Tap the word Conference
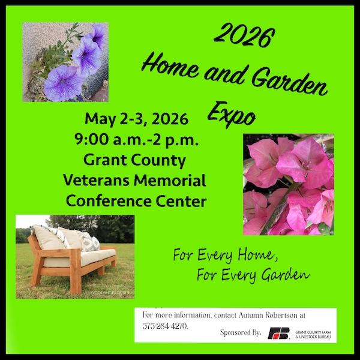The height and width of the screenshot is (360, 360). (104, 201)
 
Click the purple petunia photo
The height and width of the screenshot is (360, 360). (65, 62)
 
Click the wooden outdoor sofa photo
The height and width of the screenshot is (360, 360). (75, 256)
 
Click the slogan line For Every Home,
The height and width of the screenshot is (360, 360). (225, 255)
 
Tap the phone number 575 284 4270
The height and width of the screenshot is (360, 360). (164, 326)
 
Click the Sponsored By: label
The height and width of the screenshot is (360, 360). (240, 332)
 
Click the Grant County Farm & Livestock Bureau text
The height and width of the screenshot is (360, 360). (314, 334)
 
